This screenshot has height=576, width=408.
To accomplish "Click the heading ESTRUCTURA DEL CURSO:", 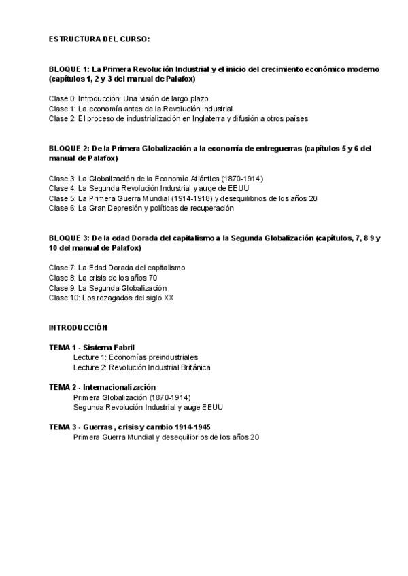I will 99,39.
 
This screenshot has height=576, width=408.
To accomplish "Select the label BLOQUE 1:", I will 69,69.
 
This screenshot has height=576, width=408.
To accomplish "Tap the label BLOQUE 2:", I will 69,148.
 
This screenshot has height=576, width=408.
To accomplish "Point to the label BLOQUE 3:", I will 69,238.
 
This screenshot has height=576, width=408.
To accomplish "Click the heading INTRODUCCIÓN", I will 78,327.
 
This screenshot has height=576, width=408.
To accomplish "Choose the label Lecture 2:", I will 90,367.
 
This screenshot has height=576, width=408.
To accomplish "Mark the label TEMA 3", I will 62,427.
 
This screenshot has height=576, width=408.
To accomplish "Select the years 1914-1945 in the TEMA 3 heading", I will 192,427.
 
